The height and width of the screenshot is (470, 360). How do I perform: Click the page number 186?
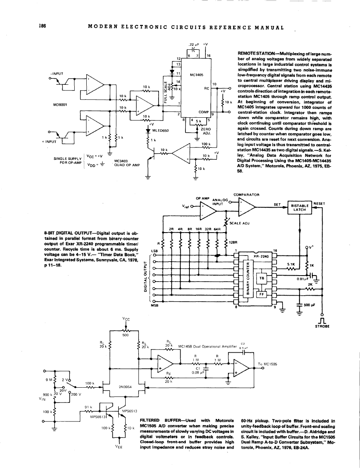click(x=41, y=27)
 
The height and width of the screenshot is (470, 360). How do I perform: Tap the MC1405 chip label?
click(x=197, y=74)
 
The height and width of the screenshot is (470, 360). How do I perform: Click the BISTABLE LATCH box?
click(x=300, y=206)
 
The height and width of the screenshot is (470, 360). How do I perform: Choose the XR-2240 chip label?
click(x=261, y=255)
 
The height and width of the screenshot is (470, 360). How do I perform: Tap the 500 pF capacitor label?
click(x=310, y=305)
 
